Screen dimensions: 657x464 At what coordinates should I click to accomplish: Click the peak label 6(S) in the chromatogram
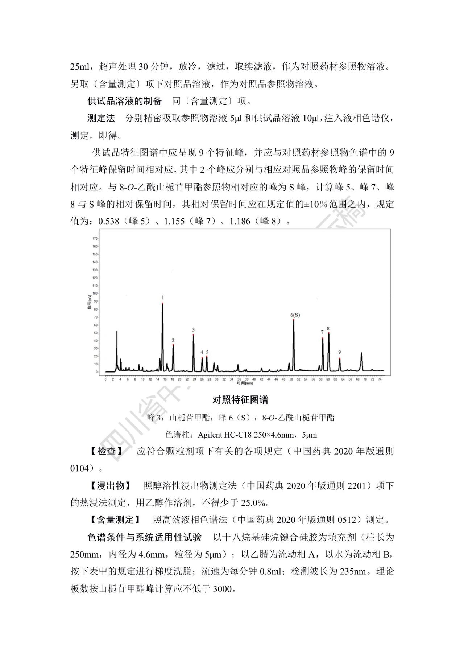295,315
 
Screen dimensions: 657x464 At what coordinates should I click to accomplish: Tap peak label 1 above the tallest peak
163,298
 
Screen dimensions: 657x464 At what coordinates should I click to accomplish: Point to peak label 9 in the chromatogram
339,352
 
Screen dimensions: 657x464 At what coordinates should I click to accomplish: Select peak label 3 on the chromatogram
193,330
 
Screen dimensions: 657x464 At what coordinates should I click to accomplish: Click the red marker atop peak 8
329,333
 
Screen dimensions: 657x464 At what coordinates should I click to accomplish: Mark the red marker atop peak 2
173,345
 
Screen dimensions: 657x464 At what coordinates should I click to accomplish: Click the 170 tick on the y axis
95,239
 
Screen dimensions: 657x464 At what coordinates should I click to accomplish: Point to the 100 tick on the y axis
95,293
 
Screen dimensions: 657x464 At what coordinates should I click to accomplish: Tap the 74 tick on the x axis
380,379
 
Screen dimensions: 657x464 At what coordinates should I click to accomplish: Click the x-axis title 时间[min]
245,383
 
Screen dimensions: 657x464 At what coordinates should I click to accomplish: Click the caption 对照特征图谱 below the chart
240,400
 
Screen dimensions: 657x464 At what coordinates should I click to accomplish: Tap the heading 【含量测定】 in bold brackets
115,520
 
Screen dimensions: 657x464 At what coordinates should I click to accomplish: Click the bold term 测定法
101,118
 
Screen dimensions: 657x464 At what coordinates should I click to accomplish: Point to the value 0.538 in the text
109,221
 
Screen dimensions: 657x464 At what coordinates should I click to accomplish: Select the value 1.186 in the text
240,221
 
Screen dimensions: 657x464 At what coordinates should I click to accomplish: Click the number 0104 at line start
80,468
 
